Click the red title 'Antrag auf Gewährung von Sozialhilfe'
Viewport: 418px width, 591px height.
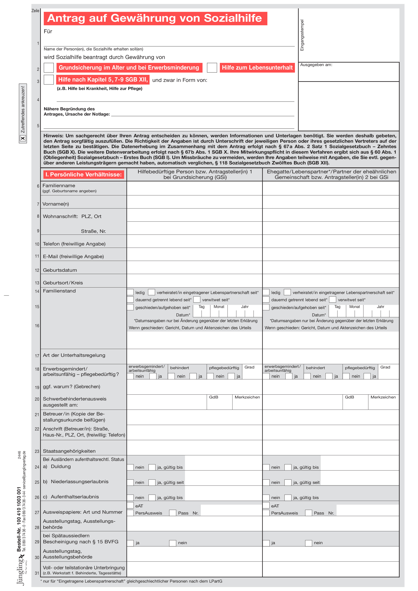click(x=155, y=18)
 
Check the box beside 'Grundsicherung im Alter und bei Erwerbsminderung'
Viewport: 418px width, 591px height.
click(x=49, y=68)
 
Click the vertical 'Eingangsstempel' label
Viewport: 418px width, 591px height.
click(x=302, y=35)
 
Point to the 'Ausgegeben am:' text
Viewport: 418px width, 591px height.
click(x=316, y=65)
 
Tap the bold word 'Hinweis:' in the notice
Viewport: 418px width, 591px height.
click(x=53, y=136)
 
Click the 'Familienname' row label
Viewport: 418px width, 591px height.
click(x=59, y=186)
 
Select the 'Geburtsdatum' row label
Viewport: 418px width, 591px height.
click(x=60, y=270)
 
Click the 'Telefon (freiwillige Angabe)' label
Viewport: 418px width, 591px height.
click(x=74, y=244)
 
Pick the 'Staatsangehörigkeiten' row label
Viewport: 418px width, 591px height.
click(x=69, y=451)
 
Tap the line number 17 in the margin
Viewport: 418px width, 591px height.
click(x=37, y=356)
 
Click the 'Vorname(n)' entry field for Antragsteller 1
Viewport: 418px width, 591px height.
click(x=195, y=202)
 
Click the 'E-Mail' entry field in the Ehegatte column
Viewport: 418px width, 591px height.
click(x=331, y=255)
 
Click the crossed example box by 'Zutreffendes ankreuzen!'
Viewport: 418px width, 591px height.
click(x=23, y=138)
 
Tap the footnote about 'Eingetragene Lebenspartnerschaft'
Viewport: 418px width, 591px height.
click(x=131, y=581)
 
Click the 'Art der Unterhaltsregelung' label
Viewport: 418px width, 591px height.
click(x=74, y=355)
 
